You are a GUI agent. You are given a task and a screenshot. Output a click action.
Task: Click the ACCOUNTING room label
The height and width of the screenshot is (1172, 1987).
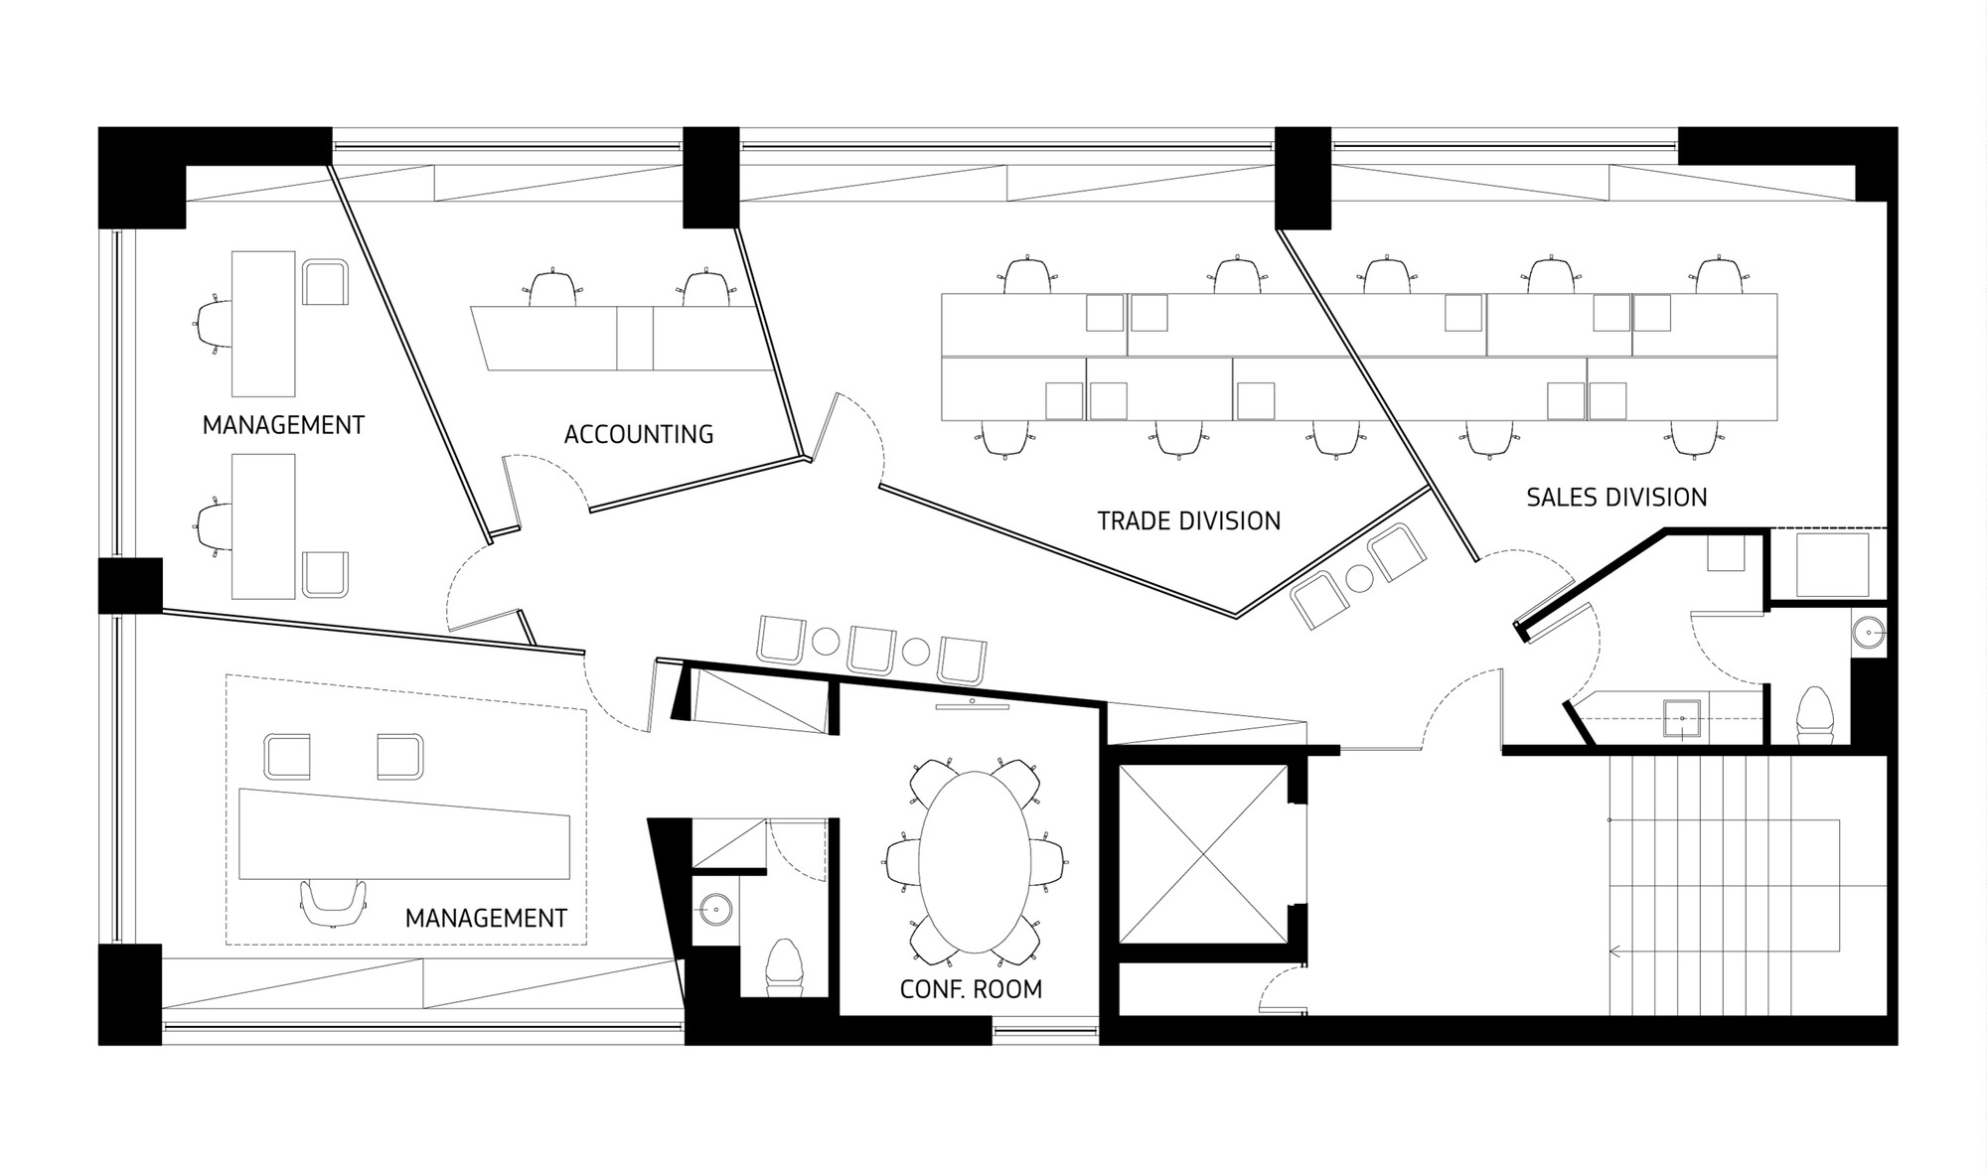[x=638, y=434]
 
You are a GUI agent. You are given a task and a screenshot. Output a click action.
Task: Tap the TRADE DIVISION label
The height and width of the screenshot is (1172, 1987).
[x=1188, y=520]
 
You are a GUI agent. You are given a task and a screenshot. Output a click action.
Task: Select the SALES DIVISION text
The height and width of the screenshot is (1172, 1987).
[x=1616, y=497]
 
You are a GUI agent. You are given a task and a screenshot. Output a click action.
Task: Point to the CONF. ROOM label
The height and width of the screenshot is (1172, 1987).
[x=971, y=988]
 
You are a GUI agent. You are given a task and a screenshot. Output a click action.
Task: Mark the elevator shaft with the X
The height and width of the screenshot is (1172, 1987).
[x=1202, y=854]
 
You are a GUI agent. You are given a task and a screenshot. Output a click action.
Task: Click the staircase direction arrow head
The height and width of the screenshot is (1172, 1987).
[x=1613, y=952]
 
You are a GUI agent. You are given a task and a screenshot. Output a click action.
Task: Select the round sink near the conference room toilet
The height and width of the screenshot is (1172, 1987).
[x=715, y=907]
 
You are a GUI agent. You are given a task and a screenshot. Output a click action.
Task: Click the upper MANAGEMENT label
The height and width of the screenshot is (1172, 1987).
[x=283, y=425]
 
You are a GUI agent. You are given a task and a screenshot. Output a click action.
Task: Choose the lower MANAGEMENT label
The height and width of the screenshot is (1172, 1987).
[x=486, y=918]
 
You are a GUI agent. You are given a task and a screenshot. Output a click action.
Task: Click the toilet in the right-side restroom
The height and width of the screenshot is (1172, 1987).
[x=1814, y=711]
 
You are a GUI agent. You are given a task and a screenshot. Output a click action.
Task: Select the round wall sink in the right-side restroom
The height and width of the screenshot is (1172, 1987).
[x=1871, y=632]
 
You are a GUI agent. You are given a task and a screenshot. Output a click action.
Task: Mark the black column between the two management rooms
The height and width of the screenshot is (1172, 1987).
[x=130, y=585]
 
